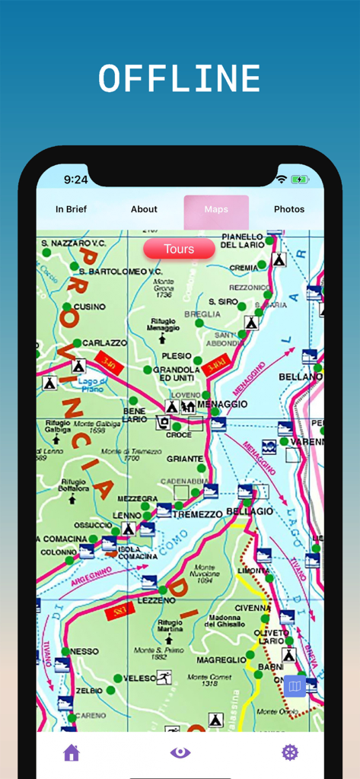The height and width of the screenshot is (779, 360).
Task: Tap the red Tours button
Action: [x=179, y=249]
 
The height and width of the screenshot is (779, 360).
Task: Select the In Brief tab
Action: [x=71, y=209]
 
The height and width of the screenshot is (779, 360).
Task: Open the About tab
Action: [x=144, y=209]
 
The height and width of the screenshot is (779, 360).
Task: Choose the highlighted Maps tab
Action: [x=216, y=209]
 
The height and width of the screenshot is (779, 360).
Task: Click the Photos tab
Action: [x=289, y=209]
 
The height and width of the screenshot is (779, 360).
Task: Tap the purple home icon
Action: [x=72, y=752]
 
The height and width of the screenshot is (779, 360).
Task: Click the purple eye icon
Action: [x=180, y=752]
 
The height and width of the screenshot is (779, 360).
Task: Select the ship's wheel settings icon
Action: [x=290, y=752]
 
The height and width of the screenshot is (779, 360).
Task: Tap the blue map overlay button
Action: [x=295, y=687]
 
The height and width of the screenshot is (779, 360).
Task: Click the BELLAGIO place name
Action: [x=249, y=511]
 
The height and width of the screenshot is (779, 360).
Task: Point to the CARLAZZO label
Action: [x=104, y=343]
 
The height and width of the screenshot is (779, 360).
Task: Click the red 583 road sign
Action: [x=119, y=609]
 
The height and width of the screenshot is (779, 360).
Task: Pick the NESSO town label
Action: [x=84, y=652]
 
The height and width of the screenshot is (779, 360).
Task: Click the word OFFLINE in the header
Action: [x=180, y=78]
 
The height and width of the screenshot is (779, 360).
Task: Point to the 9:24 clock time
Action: [x=75, y=180]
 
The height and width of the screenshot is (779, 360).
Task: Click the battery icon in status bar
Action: [x=300, y=180]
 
